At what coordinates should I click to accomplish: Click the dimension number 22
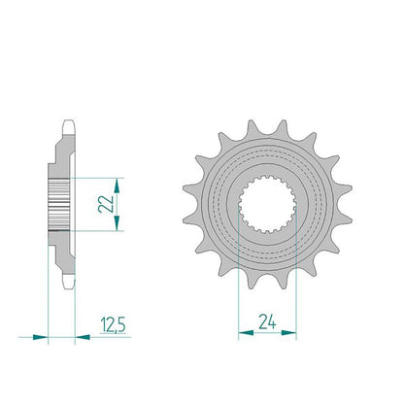coord(106,204)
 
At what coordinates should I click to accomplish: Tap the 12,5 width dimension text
coord(113,324)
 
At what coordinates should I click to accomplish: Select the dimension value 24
coord(267,321)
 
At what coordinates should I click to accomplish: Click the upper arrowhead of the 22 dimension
coord(117,185)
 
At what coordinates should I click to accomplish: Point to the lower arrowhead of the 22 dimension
coord(117,223)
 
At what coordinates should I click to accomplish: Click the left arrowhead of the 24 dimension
coord(246,332)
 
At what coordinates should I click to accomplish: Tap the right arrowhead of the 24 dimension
coord(288,332)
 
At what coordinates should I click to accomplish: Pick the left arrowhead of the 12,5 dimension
coord(40,337)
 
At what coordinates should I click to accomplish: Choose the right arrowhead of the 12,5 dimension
coord(83,337)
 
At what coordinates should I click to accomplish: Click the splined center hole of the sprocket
coord(267,204)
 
